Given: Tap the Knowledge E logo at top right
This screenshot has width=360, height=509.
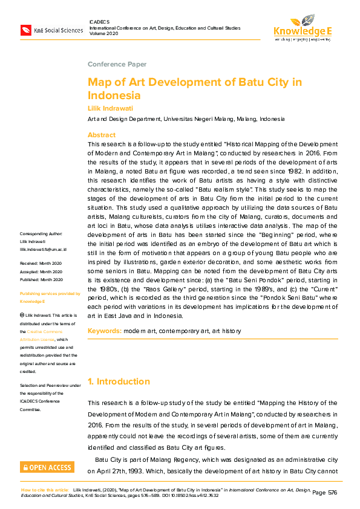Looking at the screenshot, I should point(302,27).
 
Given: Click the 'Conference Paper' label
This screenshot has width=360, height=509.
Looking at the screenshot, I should point(117,64).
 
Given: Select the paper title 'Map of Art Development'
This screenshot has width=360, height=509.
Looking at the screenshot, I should point(194,88).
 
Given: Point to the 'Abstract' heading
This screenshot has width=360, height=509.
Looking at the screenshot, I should point(101,135).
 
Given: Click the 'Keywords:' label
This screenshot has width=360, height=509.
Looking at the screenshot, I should point(105,331).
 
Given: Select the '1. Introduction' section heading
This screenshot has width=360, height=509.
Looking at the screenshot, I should point(119,381).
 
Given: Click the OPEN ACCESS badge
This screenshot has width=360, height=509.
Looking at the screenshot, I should point(47,467).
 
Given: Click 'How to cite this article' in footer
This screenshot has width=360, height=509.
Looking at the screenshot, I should point(45,490).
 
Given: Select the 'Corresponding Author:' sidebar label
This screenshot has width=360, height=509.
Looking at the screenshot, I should point(41,251).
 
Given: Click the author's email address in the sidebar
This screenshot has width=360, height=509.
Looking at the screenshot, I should point(43,266).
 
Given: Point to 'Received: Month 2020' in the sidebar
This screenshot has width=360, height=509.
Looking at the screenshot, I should point(41,280).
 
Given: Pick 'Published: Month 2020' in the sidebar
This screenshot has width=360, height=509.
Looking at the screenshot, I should point(41,296).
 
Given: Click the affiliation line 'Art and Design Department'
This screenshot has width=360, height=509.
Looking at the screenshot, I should point(186,119).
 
